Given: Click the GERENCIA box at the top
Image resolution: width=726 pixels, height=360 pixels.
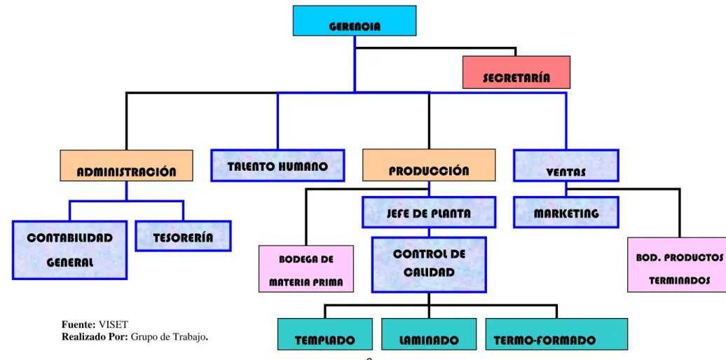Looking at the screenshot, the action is pyautogui.click(x=355, y=20).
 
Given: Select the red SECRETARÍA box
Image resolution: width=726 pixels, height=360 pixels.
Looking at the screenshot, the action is pyautogui.click(x=516, y=72).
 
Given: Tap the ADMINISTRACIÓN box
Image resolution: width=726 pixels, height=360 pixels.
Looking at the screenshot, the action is pyautogui.click(x=126, y=165).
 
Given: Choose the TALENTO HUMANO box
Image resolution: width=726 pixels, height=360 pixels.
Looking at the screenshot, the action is pyautogui.click(x=278, y=165).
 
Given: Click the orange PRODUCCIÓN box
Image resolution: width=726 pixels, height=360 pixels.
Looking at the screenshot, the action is pyautogui.click(x=429, y=165).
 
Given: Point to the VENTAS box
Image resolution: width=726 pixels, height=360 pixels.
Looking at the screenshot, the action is pyautogui.click(x=566, y=165).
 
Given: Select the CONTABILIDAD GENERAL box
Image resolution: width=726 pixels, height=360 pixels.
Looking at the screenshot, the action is pyautogui.click(x=69, y=250).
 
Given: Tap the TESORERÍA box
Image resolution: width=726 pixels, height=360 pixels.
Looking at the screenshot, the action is pyautogui.click(x=184, y=236).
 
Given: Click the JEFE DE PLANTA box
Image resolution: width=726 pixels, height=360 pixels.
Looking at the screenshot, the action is pyautogui.click(x=429, y=212).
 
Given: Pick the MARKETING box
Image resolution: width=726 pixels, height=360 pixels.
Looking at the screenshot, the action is pyautogui.click(x=566, y=212).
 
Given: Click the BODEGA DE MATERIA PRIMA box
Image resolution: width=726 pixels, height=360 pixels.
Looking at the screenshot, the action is pyautogui.click(x=306, y=269).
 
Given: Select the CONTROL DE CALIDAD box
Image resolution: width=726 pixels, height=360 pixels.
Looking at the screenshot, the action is pyautogui.click(x=429, y=265).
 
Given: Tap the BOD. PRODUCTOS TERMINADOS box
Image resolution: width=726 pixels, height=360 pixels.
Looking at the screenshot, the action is pyautogui.click(x=677, y=265).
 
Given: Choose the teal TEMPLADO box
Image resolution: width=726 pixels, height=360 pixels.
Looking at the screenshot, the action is pyautogui.click(x=325, y=334).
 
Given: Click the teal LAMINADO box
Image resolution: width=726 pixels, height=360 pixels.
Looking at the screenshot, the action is pyautogui.click(x=429, y=334).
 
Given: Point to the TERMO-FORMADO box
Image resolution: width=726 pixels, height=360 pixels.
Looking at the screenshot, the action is pyautogui.click(x=556, y=334).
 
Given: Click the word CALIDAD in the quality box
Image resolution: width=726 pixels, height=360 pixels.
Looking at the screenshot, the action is pyautogui.click(x=429, y=272).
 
